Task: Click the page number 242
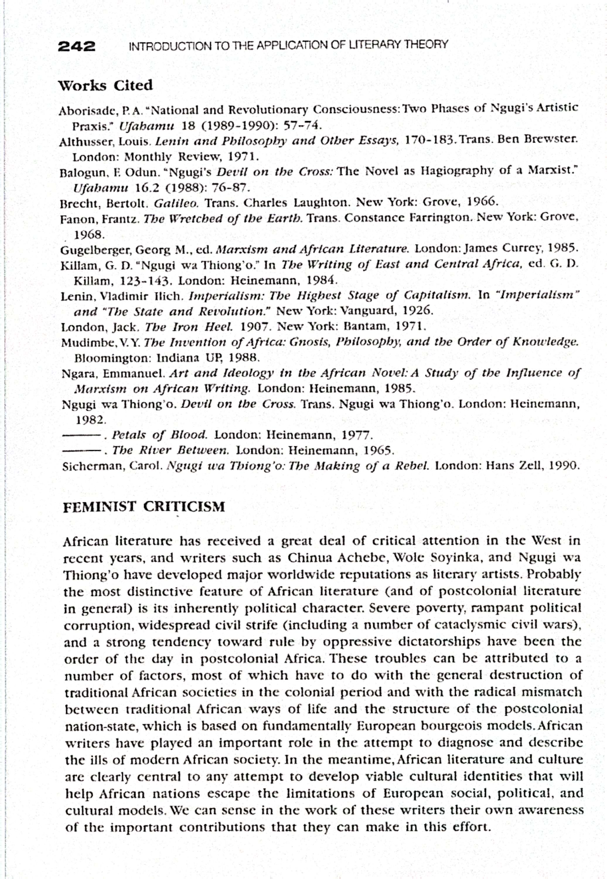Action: [x=76, y=47]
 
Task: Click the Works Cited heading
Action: [x=105, y=85]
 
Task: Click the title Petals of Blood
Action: [x=159, y=435]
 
